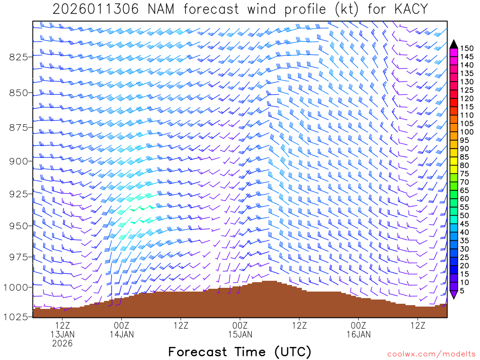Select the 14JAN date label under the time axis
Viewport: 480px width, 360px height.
(x=121, y=334)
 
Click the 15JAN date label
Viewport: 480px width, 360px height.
(x=240, y=334)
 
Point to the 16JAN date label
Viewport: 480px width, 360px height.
(x=358, y=334)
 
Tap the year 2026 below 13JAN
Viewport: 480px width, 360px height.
(x=62, y=343)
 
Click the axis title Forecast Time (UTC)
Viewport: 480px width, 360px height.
(x=240, y=352)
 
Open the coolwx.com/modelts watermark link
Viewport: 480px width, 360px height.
(x=431, y=353)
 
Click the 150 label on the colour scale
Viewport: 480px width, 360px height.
(x=467, y=48)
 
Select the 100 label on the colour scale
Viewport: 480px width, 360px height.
(x=467, y=132)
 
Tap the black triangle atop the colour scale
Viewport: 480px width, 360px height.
(x=454, y=44)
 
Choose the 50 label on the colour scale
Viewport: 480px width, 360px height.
(x=465, y=216)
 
